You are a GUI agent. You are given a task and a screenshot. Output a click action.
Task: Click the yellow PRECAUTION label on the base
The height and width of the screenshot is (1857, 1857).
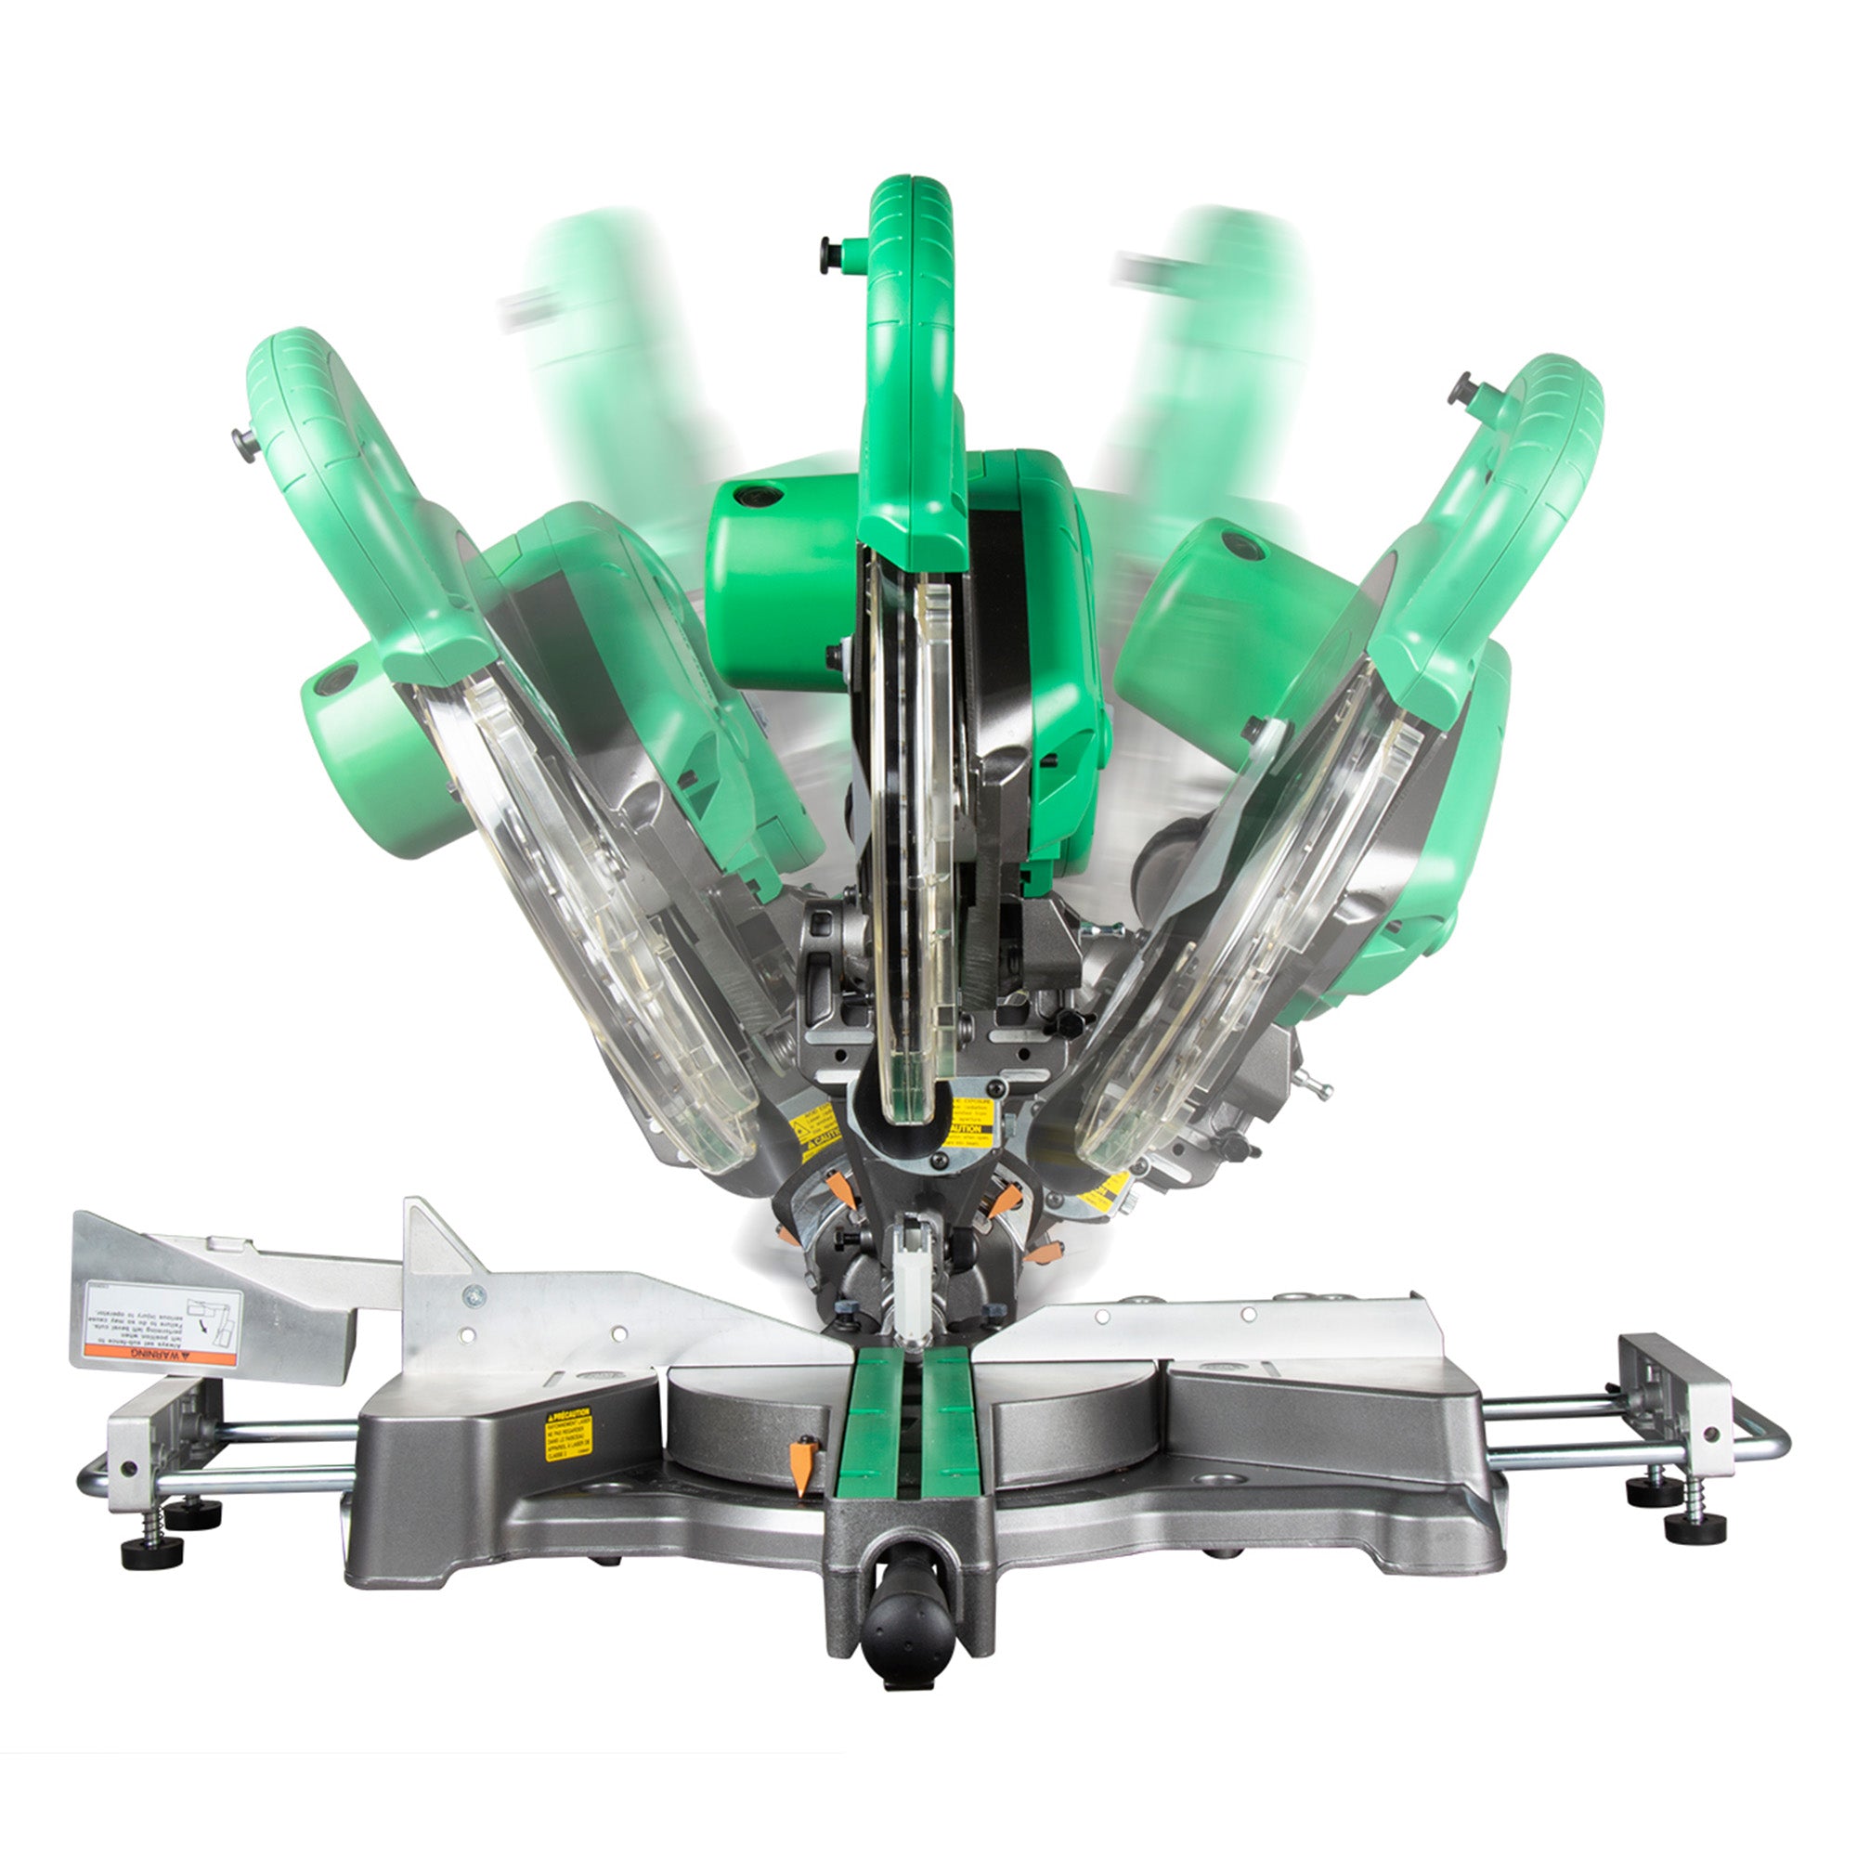pyautogui.click(x=568, y=1435)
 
